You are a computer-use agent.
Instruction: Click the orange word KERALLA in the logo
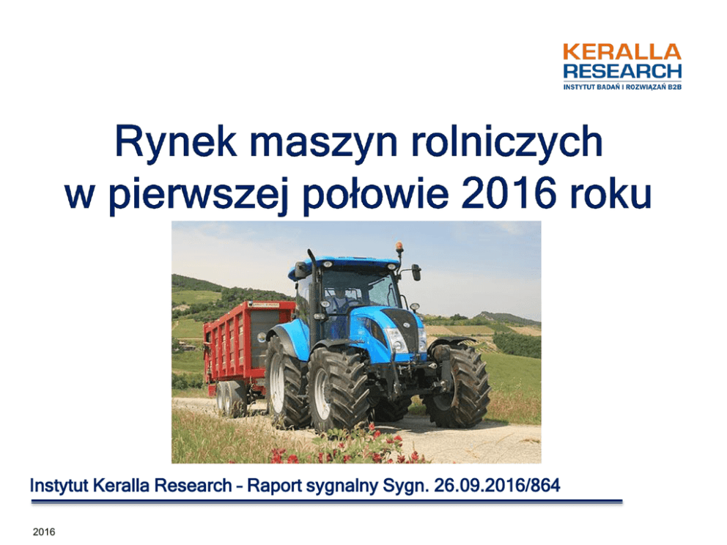pyautogui.click(x=621, y=52)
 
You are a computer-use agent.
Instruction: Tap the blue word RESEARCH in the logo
pyautogui.click(x=622, y=71)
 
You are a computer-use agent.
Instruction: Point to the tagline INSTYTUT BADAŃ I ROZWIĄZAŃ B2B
pyautogui.click(x=622, y=86)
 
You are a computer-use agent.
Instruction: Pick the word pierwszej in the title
pyautogui.click(x=199, y=195)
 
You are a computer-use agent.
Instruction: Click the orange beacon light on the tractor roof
pyautogui.click(x=399, y=247)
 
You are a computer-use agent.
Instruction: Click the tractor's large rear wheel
pyautogui.click(x=338, y=389)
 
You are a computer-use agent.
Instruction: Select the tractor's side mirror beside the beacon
pyautogui.click(x=416, y=272)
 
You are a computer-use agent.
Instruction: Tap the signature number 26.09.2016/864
pyautogui.click(x=497, y=485)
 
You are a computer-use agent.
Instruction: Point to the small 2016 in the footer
pyautogui.click(x=44, y=532)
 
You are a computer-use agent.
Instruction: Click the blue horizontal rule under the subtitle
pyautogui.click(x=327, y=502)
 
